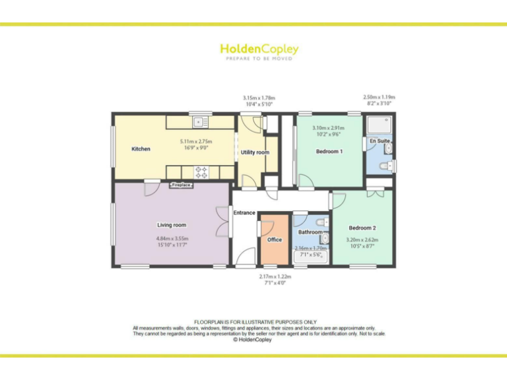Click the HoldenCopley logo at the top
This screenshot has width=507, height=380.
click(x=259, y=49)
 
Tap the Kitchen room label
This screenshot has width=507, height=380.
click(x=141, y=149)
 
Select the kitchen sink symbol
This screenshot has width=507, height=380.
click(x=200, y=122)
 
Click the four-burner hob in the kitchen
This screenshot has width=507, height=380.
click(x=202, y=172)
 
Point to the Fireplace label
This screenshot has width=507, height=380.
click(x=182, y=185)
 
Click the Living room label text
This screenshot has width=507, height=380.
click(x=171, y=226)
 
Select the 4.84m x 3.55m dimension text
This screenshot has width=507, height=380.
click(x=172, y=238)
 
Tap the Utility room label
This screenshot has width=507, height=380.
click(x=255, y=152)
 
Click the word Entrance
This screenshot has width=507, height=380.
click(x=244, y=212)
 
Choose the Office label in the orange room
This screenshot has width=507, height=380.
click(x=275, y=239)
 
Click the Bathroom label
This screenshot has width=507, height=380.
click(x=310, y=232)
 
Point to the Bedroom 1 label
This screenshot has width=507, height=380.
click(x=329, y=152)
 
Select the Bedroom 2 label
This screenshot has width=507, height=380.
click(x=362, y=228)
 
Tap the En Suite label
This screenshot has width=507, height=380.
click(x=379, y=141)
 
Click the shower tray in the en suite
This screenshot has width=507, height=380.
click(x=380, y=125)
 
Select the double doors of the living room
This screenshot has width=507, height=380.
click(x=221, y=222)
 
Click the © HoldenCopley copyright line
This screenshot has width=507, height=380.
click(x=253, y=340)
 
